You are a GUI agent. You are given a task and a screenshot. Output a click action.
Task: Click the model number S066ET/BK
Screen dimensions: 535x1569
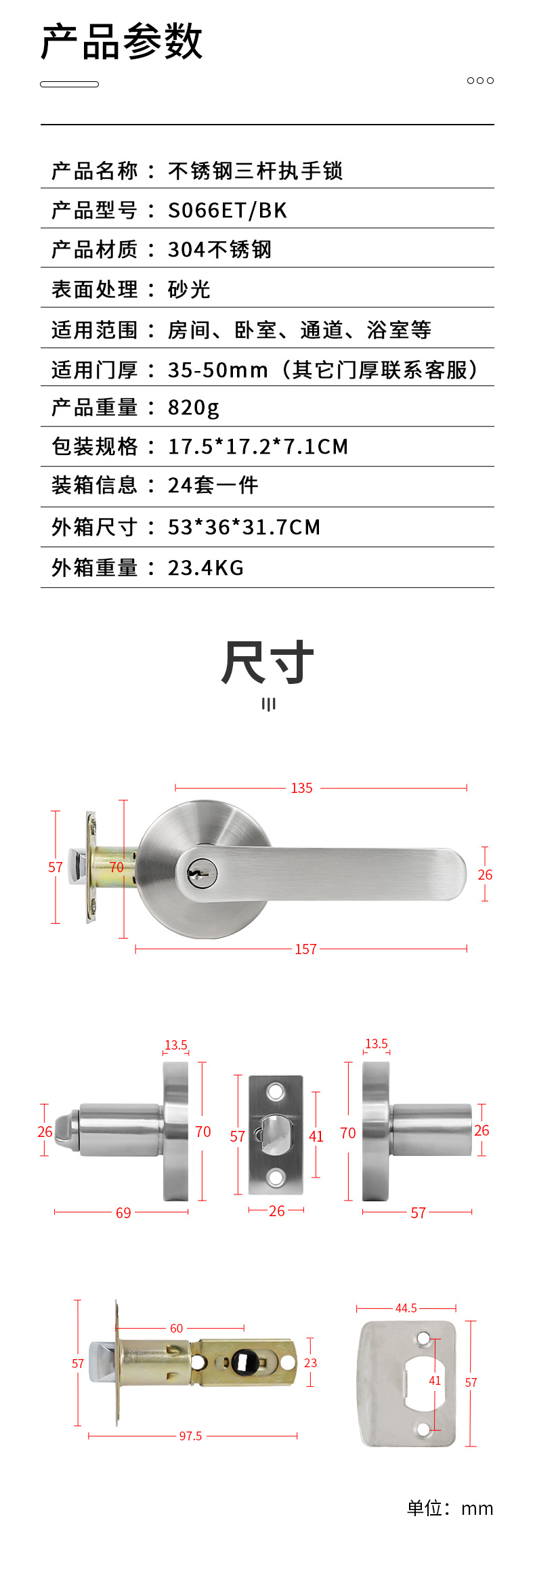[228, 211]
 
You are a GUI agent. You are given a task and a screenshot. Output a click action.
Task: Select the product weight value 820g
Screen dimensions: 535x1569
[194, 408]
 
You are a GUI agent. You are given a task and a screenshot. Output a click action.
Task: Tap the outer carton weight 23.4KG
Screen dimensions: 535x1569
[206, 567]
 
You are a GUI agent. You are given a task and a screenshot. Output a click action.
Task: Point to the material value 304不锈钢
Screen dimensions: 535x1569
[220, 250]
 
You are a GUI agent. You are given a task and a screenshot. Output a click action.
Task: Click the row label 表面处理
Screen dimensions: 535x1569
[95, 290]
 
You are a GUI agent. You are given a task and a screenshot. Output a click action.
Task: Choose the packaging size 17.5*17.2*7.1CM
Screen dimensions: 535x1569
[258, 447]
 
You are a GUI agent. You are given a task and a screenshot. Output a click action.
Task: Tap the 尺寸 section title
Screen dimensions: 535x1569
[267, 662]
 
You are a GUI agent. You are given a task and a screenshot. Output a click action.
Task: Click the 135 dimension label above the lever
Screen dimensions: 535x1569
[302, 788]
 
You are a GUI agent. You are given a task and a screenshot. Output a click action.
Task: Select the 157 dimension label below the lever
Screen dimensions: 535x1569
[306, 949]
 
